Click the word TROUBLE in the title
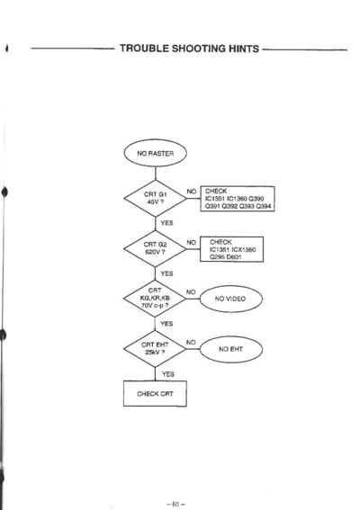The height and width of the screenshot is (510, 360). (x=144, y=49)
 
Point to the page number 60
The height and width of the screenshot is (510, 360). (x=175, y=504)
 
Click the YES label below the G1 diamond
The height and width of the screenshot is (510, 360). (x=166, y=223)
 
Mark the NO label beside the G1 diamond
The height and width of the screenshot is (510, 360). (x=192, y=192)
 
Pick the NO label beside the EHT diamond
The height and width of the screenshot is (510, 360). (x=191, y=342)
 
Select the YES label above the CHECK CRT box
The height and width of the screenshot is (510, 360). (x=168, y=374)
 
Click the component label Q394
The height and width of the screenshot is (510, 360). (x=264, y=206)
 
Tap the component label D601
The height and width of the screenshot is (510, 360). (x=234, y=257)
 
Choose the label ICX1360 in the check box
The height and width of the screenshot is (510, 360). (x=244, y=249)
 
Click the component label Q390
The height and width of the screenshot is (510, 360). (x=256, y=199)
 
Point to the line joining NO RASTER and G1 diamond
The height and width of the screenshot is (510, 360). (x=156, y=174)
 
